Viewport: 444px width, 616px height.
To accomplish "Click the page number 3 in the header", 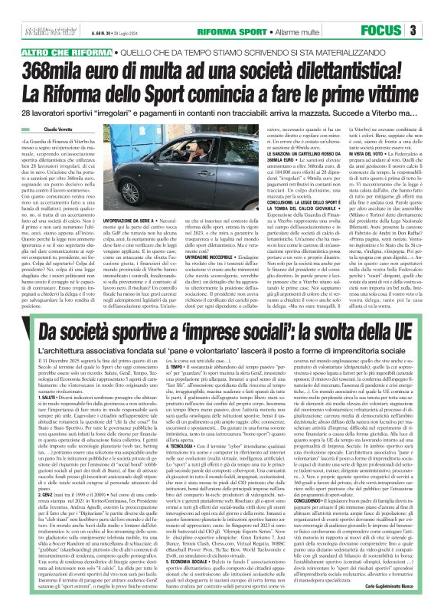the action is [433, 31].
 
